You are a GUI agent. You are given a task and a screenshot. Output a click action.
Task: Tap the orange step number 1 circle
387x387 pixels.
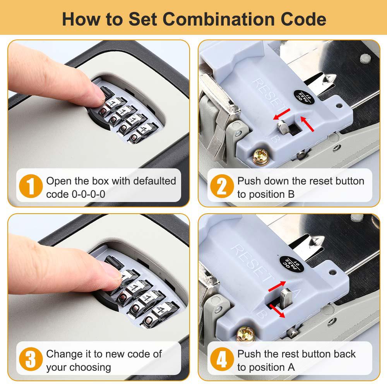[31, 188]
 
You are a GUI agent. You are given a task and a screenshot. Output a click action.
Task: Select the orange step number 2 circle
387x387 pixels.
[222, 188]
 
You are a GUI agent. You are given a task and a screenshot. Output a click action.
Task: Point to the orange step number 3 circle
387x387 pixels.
[31, 360]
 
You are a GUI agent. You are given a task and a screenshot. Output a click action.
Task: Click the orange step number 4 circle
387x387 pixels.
[222, 360]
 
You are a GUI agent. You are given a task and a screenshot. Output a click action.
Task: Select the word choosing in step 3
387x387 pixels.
[91, 367]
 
